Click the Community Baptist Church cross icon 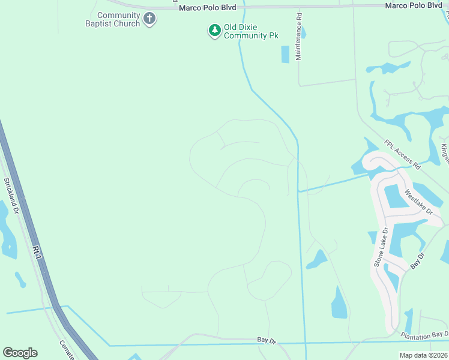click(150, 20)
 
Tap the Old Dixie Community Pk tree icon click(214, 31)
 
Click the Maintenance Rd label click(298, 38)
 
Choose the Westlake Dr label click(418, 202)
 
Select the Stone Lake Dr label click(381, 246)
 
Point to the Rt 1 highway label click(38, 253)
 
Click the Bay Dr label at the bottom click(266, 340)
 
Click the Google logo click(20, 353)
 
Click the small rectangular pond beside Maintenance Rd click(285, 54)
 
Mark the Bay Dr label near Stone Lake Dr click(417, 260)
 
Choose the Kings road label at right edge click(444, 152)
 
